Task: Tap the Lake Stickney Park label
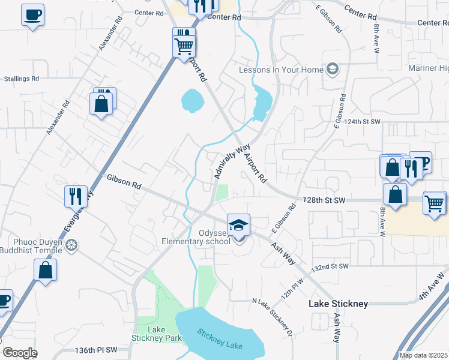[157, 334]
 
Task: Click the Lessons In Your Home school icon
[331, 70]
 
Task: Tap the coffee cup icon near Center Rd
[32, 14]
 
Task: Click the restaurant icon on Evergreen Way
[76, 195]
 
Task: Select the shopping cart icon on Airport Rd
[184, 45]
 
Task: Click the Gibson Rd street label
[123, 182]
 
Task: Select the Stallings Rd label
[21, 79]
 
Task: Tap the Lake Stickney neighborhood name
[338, 304]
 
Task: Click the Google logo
[20, 352]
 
